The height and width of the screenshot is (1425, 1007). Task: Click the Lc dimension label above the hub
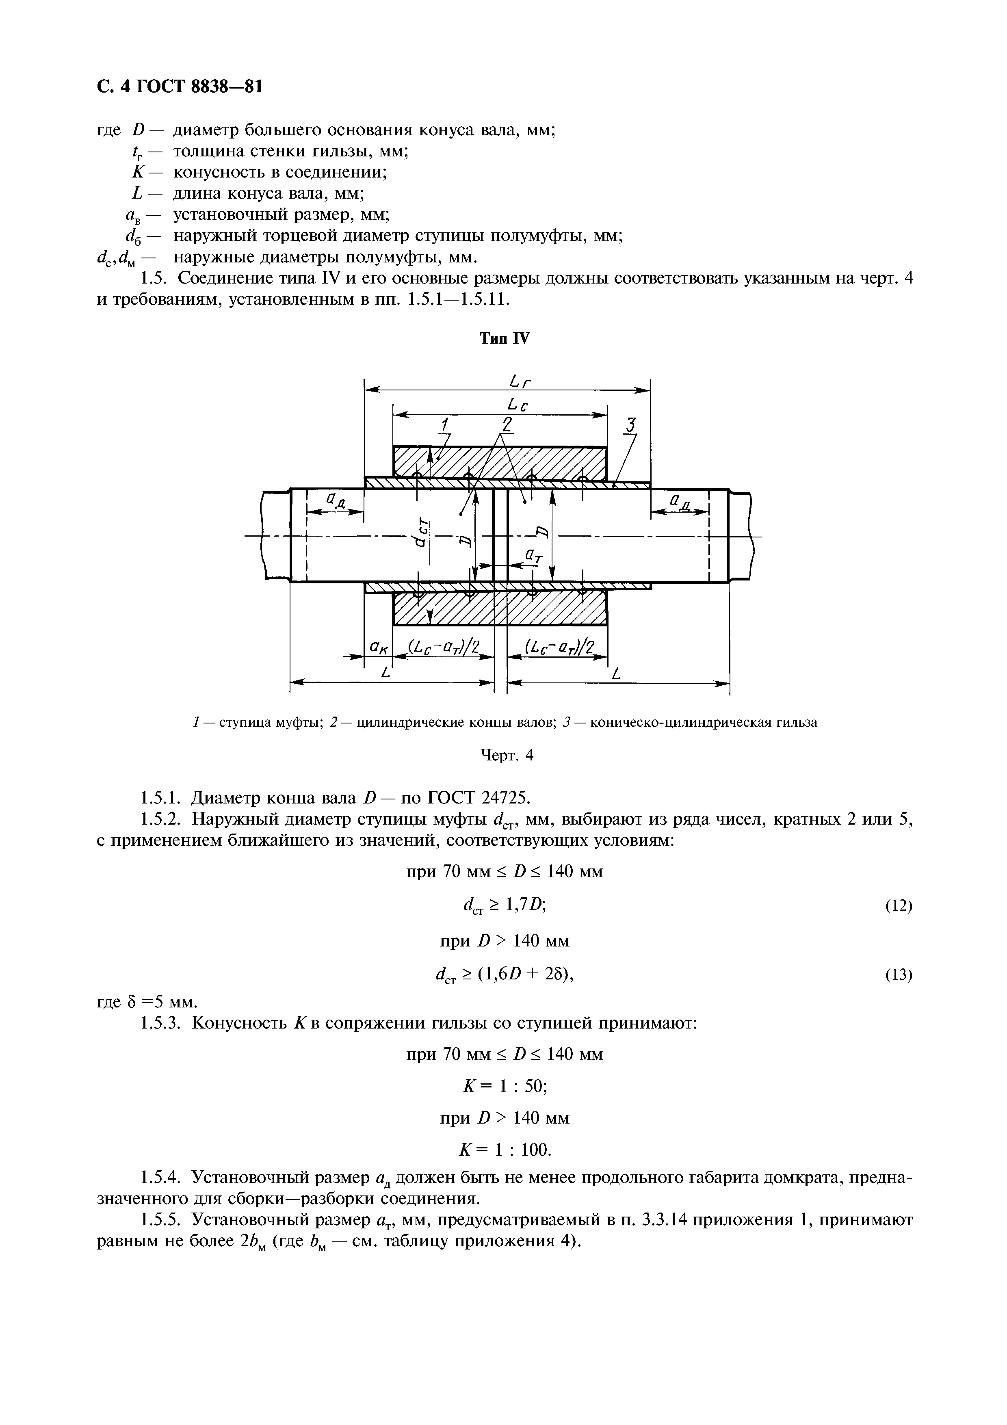tap(518, 405)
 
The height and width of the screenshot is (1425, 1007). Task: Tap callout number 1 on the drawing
tap(444, 425)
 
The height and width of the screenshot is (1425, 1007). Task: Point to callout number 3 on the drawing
tap(631, 425)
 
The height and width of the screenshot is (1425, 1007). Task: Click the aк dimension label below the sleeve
tap(378, 648)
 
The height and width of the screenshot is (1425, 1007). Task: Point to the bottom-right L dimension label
tap(616, 673)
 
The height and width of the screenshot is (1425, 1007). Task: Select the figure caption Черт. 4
tap(507, 755)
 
